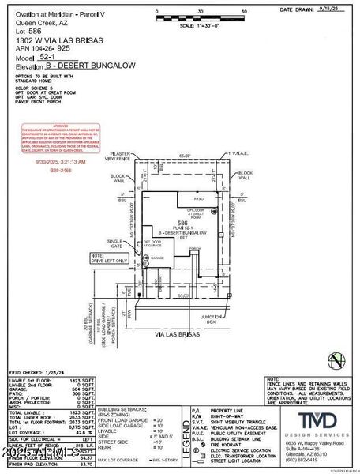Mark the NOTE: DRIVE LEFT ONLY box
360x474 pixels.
[x=109, y=258]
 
